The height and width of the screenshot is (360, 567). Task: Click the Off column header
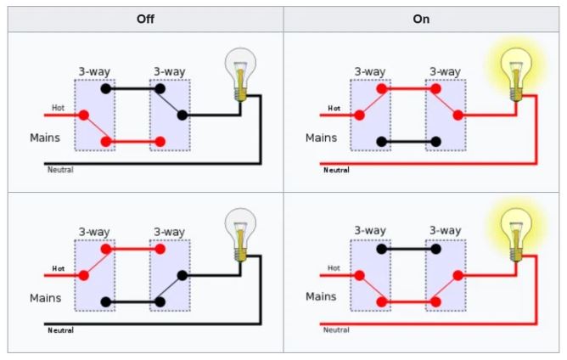pyautogui.click(x=145, y=19)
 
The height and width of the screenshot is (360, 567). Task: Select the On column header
pyautogui.click(x=421, y=19)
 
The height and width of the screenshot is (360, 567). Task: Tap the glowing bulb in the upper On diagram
pyautogui.click(x=516, y=75)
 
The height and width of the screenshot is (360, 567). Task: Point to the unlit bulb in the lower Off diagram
pyautogui.click(x=240, y=235)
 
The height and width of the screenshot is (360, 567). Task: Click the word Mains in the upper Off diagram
pyautogui.click(x=45, y=138)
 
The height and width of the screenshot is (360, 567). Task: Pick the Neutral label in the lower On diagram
pyautogui.click(x=336, y=330)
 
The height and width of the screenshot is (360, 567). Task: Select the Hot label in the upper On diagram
pyautogui.click(x=334, y=108)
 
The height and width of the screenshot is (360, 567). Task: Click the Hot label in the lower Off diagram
pyautogui.click(x=59, y=268)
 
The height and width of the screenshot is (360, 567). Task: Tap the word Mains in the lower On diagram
pyautogui.click(x=321, y=296)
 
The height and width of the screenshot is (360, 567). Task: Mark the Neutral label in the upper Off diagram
pyautogui.click(x=60, y=170)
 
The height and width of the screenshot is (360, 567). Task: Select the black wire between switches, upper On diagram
pyautogui.click(x=408, y=142)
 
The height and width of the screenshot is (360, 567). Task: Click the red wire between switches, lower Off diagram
pyautogui.click(x=133, y=249)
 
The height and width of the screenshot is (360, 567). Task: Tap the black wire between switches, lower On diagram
pyautogui.click(x=408, y=249)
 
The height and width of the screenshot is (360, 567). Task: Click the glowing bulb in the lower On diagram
pyautogui.click(x=516, y=235)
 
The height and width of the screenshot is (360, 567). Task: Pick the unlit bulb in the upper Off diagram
pyautogui.click(x=240, y=75)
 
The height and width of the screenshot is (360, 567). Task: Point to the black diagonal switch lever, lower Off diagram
pyautogui.click(x=171, y=289)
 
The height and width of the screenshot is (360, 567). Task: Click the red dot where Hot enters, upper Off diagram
pyautogui.click(x=84, y=115)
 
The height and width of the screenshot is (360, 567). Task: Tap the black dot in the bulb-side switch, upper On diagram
pyautogui.click(x=436, y=142)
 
